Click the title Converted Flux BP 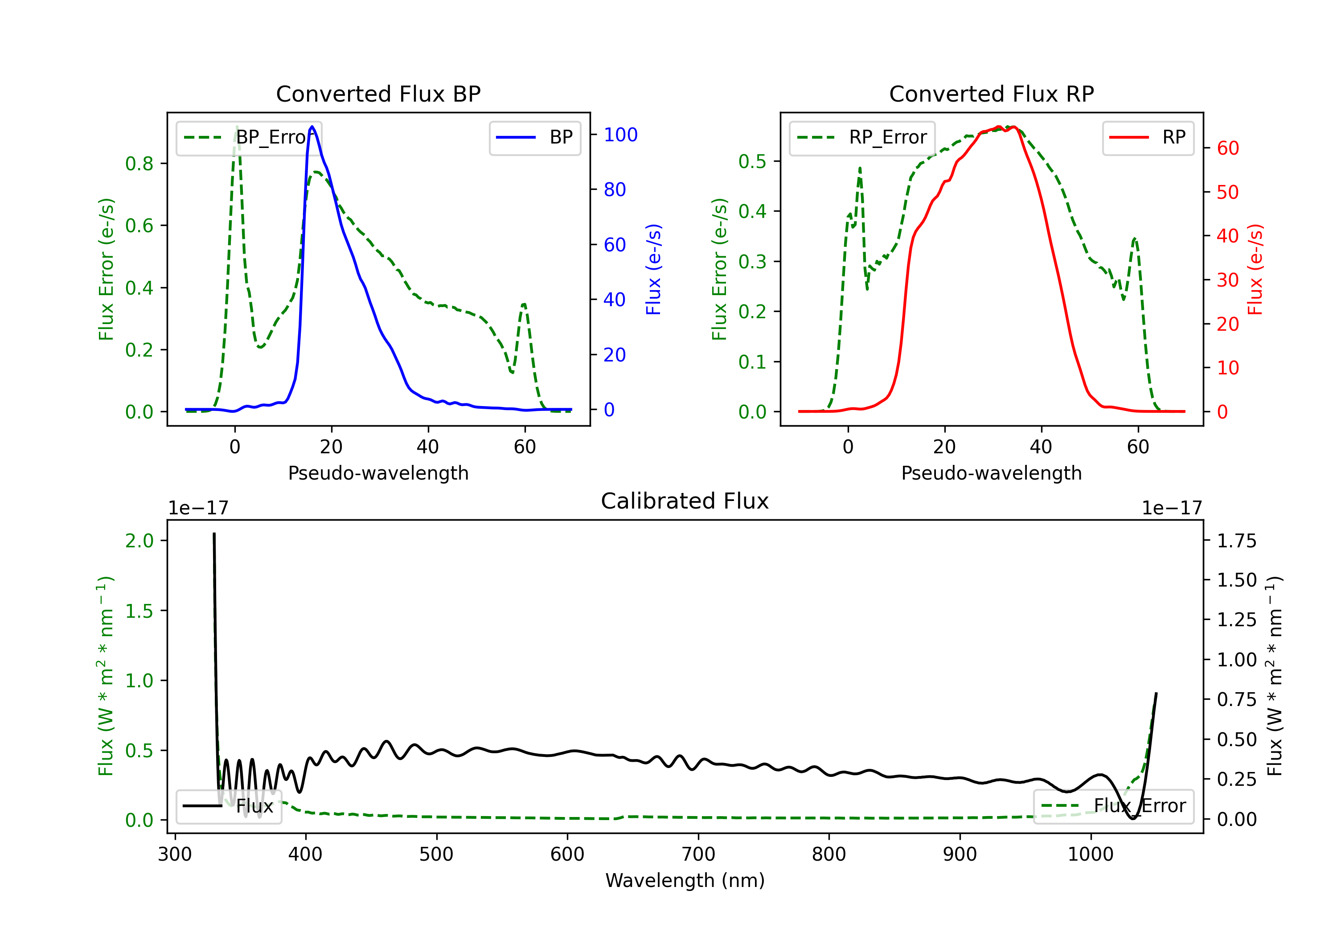378,94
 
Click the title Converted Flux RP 991,94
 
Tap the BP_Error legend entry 249,137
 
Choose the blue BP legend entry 534,137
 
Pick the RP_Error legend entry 862,137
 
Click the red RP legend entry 1148,137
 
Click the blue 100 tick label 620,135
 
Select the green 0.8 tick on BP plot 139,164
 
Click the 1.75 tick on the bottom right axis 1236,541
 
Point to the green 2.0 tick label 139,541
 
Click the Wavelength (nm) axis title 685,880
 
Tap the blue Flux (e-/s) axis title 653,269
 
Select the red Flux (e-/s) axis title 1255,269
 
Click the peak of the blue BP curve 312,127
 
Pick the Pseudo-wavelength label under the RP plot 991,473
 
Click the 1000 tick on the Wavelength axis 1090,854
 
